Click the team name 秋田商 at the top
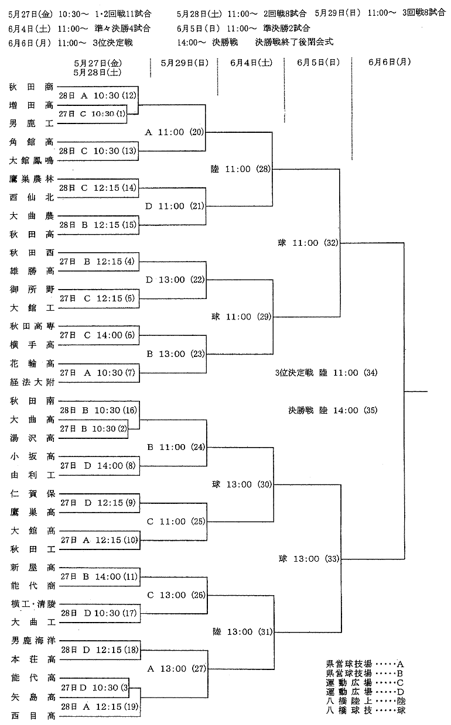tap(31, 87)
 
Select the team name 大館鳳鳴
tap(31, 160)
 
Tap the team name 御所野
tap(32, 289)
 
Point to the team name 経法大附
tap(32, 382)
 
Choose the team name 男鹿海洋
tap(33, 641)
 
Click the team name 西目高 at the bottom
tap(33, 716)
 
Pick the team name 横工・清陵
tap(33, 604)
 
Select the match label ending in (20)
tap(175, 132)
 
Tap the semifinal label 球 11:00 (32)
tap(308, 243)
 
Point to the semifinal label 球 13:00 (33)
tap(309, 559)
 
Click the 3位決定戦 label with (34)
tap(326, 373)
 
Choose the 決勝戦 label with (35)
tap(333, 410)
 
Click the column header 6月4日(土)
tap(251, 63)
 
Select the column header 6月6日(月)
tap(389, 62)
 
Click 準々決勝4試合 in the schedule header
tap(122, 29)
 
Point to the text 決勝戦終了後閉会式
tap(294, 42)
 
